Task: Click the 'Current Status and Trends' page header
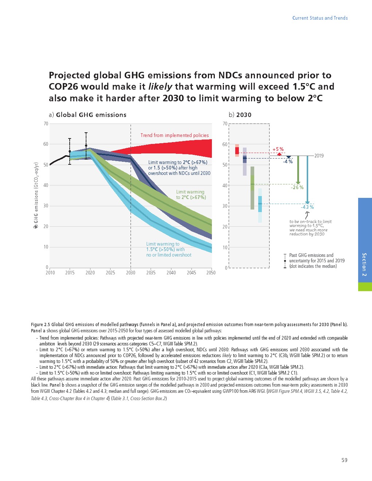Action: (x=320, y=18)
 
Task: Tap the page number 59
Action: (x=344, y=460)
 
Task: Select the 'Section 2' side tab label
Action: (x=364, y=264)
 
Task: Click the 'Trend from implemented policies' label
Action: (x=175, y=135)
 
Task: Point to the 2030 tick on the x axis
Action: (x=131, y=273)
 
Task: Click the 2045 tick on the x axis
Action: (x=191, y=273)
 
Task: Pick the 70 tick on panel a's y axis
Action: (x=46, y=124)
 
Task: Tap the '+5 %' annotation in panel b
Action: (x=278, y=149)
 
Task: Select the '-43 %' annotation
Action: (x=307, y=207)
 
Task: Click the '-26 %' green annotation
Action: (x=297, y=187)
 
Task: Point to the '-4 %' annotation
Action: (x=288, y=161)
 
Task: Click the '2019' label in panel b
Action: (x=319, y=156)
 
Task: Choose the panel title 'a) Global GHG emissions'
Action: (x=88, y=115)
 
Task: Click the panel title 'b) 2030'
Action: (x=240, y=115)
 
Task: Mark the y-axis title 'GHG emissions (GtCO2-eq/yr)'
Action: (x=36, y=193)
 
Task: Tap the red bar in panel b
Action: (x=237, y=150)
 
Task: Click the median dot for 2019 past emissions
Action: (x=86, y=146)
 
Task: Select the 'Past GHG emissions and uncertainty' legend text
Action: (x=317, y=261)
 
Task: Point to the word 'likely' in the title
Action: (x=160, y=87)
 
